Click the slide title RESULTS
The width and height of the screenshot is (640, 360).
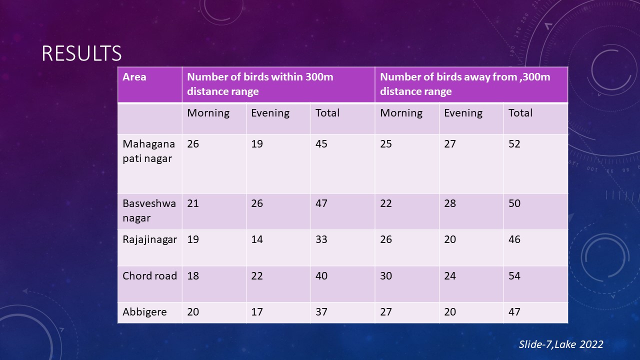point(81,53)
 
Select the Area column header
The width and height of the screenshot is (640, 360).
point(134,77)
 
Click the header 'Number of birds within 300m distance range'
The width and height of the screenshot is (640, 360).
point(260,84)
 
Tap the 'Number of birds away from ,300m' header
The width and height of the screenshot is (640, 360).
point(465,84)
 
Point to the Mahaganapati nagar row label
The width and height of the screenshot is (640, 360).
point(148,151)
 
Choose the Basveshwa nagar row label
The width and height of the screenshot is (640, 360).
point(149,210)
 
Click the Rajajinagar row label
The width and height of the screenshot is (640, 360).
point(149,239)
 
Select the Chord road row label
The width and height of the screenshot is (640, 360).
point(149,275)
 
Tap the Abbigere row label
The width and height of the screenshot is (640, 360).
point(144,312)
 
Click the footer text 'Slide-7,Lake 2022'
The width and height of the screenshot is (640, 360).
point(561,344)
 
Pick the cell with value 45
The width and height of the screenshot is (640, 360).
point(321,144)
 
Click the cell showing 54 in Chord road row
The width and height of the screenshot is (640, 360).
point(514,275)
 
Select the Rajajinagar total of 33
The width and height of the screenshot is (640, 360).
point(321,239)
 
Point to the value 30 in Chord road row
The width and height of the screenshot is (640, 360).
point(386,275)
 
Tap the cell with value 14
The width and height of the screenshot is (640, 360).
point(257,239)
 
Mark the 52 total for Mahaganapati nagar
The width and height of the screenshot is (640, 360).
point(514,144)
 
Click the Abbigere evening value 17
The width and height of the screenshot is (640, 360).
point(257,312)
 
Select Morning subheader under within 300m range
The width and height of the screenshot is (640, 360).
point(208,113)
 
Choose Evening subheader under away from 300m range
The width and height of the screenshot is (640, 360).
point(463,113)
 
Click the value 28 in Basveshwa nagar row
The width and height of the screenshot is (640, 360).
point(450,203)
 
